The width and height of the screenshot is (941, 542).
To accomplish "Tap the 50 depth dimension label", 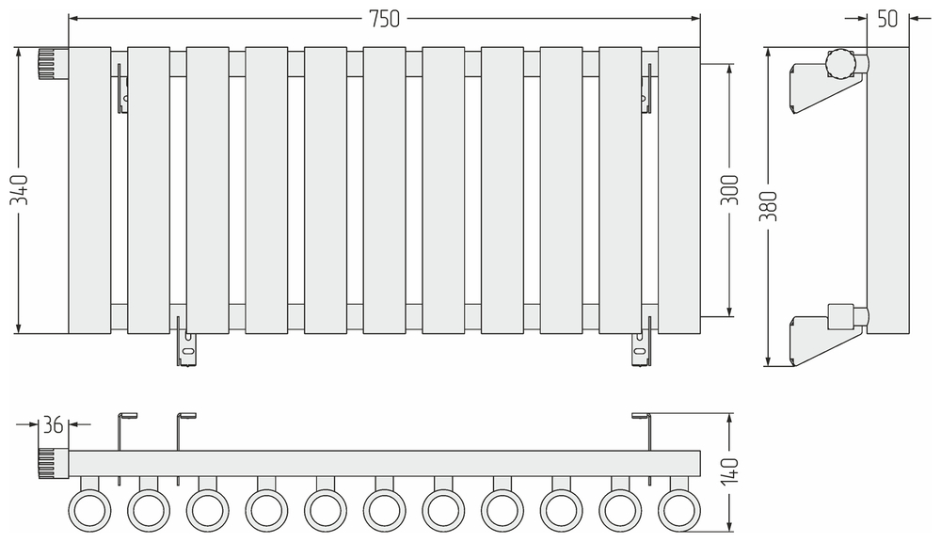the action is click(887, 18).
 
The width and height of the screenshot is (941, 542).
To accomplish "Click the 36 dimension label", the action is click(53, 425).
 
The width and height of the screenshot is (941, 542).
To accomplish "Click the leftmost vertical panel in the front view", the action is click(89, 190).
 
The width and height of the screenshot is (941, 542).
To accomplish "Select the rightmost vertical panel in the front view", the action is click(679, 190).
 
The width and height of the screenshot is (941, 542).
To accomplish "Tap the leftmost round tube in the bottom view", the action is click(89, 509).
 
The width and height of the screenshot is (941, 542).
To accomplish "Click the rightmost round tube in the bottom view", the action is click(679, 509).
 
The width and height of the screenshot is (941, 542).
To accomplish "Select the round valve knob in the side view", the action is click(837, 64).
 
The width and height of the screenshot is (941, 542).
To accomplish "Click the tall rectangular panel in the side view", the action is click(887, 190).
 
